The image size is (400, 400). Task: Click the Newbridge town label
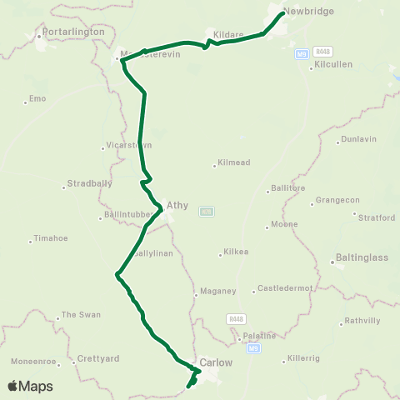click(307, 12)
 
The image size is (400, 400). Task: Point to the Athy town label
click(177, 204)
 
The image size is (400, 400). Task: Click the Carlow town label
click(215, 363)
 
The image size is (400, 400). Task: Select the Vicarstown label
click(128, 145)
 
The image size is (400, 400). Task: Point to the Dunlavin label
click(358, 140)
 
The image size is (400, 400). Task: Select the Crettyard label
click(97, 359)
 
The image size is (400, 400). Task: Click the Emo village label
click(37, 99)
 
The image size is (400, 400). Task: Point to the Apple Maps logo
click(30, 386)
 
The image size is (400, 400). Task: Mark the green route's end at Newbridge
click(284, 12)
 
